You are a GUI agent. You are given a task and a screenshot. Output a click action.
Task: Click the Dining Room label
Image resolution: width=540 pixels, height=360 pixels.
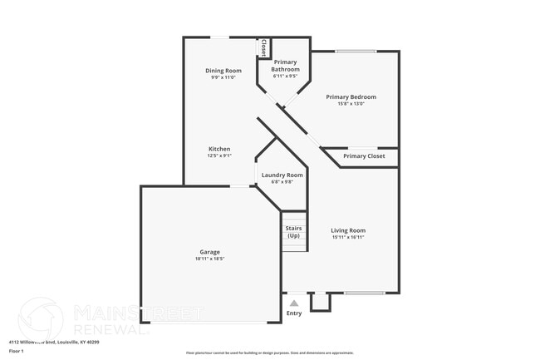(x=223, y=71)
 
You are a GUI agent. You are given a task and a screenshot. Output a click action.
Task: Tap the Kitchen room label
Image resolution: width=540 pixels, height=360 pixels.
(x=219, y=149)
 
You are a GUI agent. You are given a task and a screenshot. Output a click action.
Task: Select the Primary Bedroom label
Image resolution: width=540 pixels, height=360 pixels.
(x=356, y=96)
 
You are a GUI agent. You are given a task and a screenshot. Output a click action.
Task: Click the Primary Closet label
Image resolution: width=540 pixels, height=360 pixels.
(x=364, y=156)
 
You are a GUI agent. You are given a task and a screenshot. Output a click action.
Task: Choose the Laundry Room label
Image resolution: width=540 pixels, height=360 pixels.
(x=282, y=175)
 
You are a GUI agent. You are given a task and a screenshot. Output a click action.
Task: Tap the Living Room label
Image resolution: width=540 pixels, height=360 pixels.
(x=348, y=230)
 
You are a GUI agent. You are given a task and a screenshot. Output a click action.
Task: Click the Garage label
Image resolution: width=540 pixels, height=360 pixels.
(x=209, y=252)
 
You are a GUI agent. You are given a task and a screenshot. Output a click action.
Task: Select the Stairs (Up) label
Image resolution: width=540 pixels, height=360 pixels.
(x=293, y=231)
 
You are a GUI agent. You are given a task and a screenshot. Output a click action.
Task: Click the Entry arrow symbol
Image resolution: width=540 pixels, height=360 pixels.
(x=294, y=303)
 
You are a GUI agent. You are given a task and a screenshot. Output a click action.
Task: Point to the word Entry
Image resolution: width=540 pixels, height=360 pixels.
(x=294, y=313)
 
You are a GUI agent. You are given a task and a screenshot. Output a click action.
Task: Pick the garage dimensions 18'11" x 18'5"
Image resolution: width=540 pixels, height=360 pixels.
(x=209, y=259)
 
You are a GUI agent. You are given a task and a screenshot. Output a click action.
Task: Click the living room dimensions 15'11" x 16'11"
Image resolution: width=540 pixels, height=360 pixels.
(x=348, y=237)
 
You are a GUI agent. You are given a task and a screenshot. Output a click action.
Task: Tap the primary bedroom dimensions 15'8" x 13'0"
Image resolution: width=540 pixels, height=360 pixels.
(x=356, y=104)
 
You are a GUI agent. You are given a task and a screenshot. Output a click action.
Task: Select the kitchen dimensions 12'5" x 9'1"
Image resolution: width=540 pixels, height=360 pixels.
(x=219, y=155)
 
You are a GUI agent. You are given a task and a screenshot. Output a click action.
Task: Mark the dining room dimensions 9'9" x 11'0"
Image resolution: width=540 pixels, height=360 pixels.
(x=223, y=77)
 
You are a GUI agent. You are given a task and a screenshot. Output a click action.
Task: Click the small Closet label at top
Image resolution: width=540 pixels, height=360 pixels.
(x=263, y=47)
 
